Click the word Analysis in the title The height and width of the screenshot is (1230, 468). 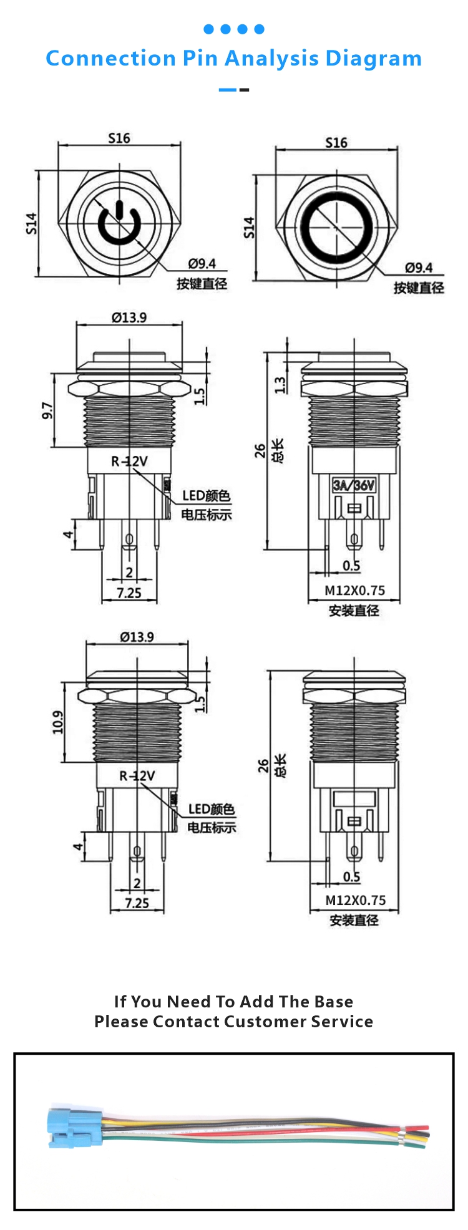[x=271, y=59]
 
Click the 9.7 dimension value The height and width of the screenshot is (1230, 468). [x=47, y=410]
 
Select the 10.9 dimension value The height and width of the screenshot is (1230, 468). [x=58, y=722]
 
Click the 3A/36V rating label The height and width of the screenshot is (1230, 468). [x=354, y=485]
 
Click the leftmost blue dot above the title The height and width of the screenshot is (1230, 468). [x=208, y=29]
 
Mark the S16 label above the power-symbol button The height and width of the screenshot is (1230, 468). [x=119, y=138]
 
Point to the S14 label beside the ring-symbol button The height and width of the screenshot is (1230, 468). [x=249, y=228]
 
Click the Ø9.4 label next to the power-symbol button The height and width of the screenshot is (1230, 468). [x=202, y=264]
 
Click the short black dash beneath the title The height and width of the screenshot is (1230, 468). [x=244, y=90]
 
